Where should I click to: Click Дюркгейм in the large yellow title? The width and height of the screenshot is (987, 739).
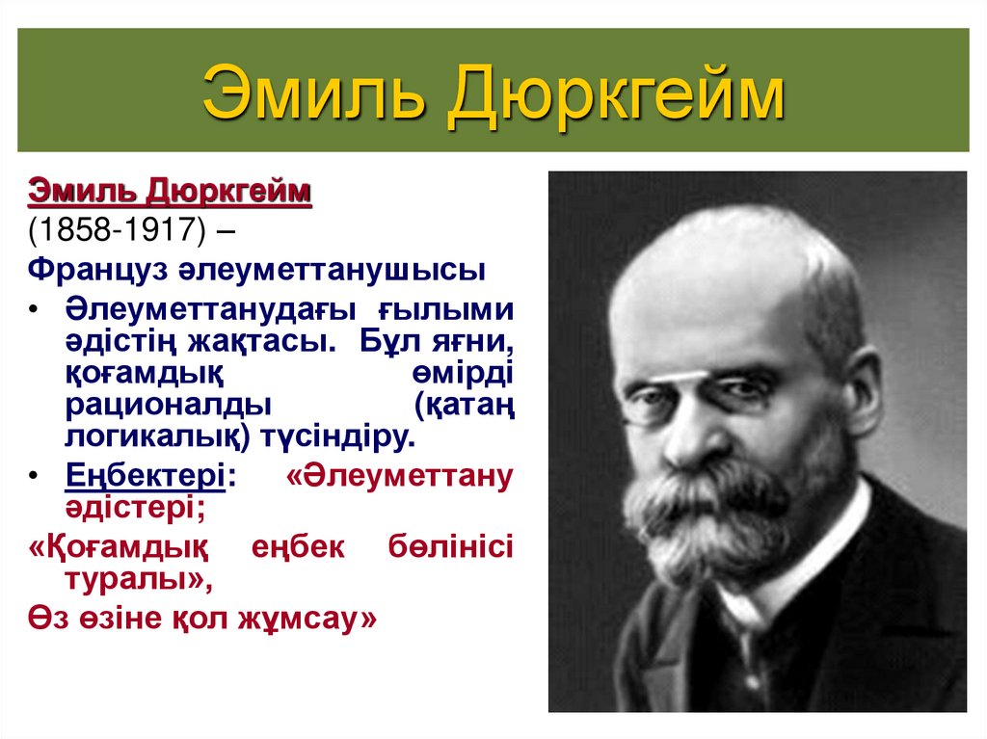pos(616,92)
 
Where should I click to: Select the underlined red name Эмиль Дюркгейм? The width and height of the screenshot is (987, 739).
pos(170,191)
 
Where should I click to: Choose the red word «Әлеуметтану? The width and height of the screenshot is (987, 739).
pos(399,475)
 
